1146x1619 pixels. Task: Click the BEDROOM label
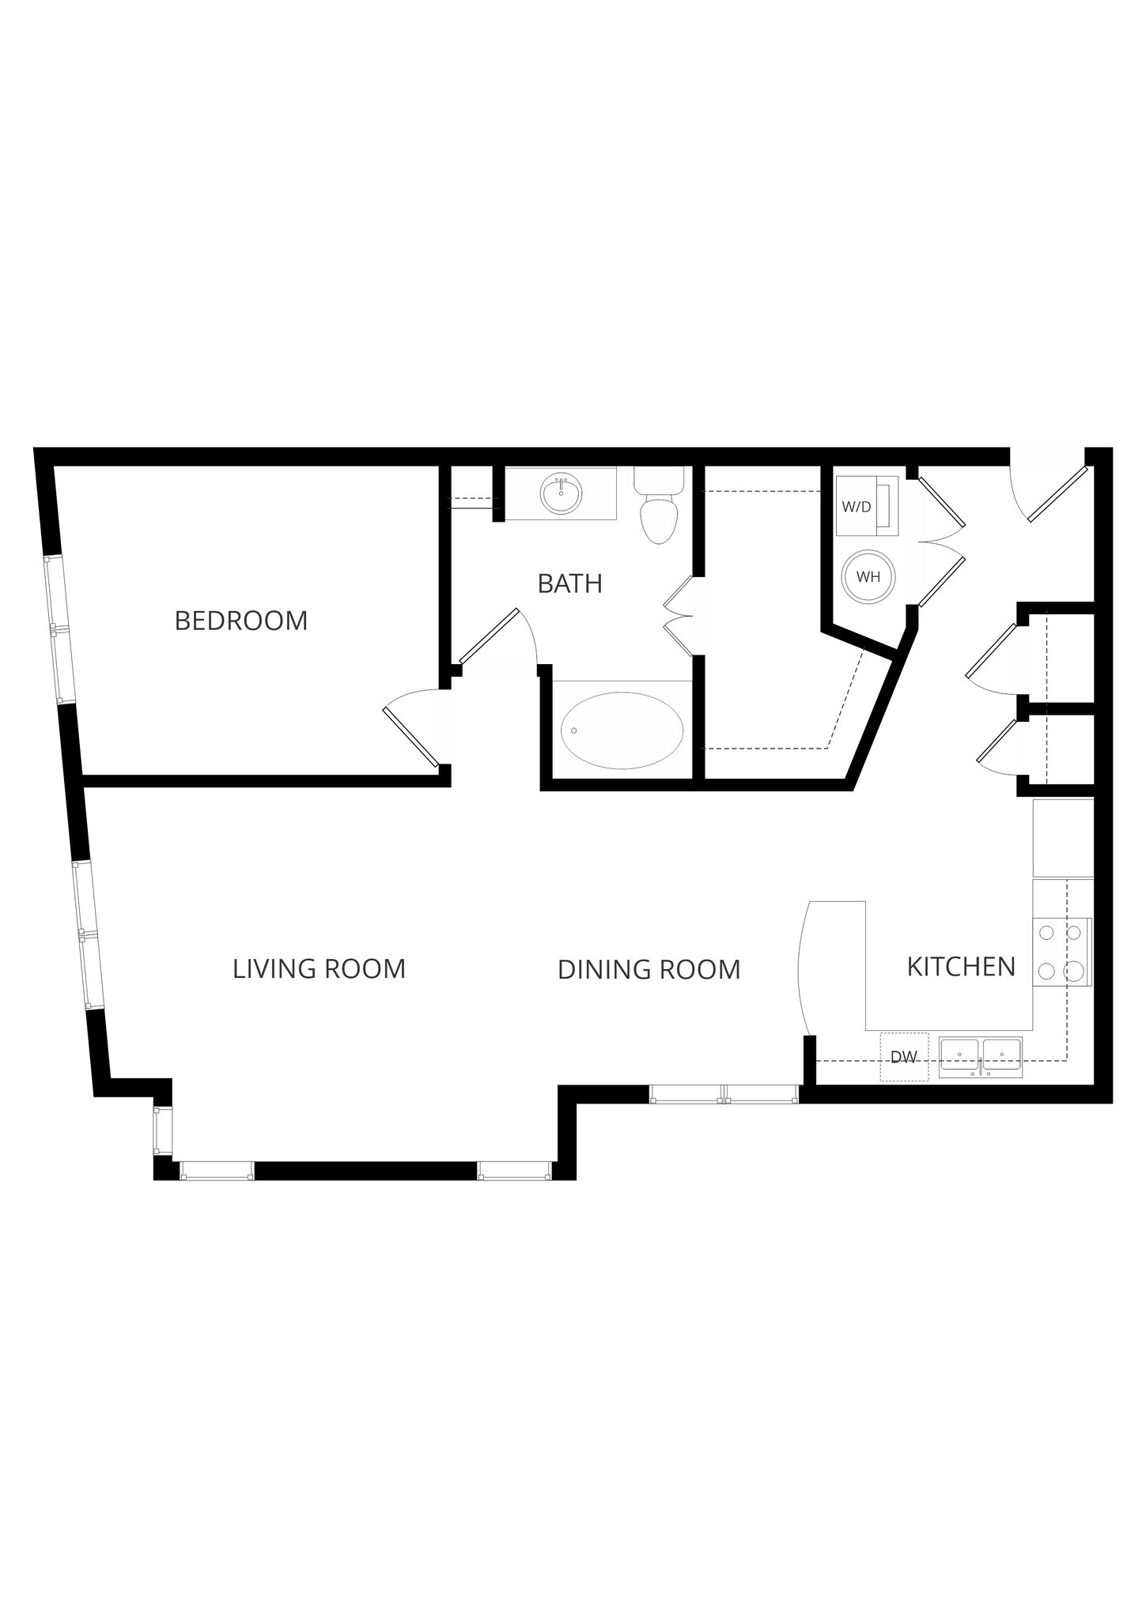pyautogui.click(x=240, y=621)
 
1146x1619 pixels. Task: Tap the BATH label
pyautogui.click(x=569, y=583)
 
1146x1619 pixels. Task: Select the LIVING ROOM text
pyautogui.click(x=319, y=968)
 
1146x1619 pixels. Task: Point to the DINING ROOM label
pyautogui.click(x=649, y=969)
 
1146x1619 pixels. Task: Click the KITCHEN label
pyautogui.click(x=960, y=966)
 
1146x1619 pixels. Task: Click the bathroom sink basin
pyautogui.click(x=561, y=495)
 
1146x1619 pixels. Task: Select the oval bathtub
pyautogui.click(x=622, y=730)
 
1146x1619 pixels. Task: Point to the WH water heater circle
pyautogui.click(x=868, y=577)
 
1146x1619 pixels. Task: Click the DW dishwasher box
pyautogui.click(x=904, y=1057)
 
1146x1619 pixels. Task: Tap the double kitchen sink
pyautogui.click(x=980, y=1058)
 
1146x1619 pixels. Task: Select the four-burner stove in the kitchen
pyautogui.click(x=1061, y=952)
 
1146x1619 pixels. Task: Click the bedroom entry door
pyautogui.click(x=410, y=737)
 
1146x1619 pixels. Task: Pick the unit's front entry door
pyautogui.click(x=1057, y=494)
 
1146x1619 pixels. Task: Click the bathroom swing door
pyautogui.click(x=488, y=636)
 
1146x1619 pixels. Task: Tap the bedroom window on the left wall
pyautogui.click(x=60, y=629)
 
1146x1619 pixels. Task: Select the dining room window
pyautogui.click(x=723, y=1094)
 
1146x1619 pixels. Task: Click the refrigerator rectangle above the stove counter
pyautogui.click(x=1063, y=838)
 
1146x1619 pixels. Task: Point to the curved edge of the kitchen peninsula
pyautogui.click(x=800, y=968)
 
